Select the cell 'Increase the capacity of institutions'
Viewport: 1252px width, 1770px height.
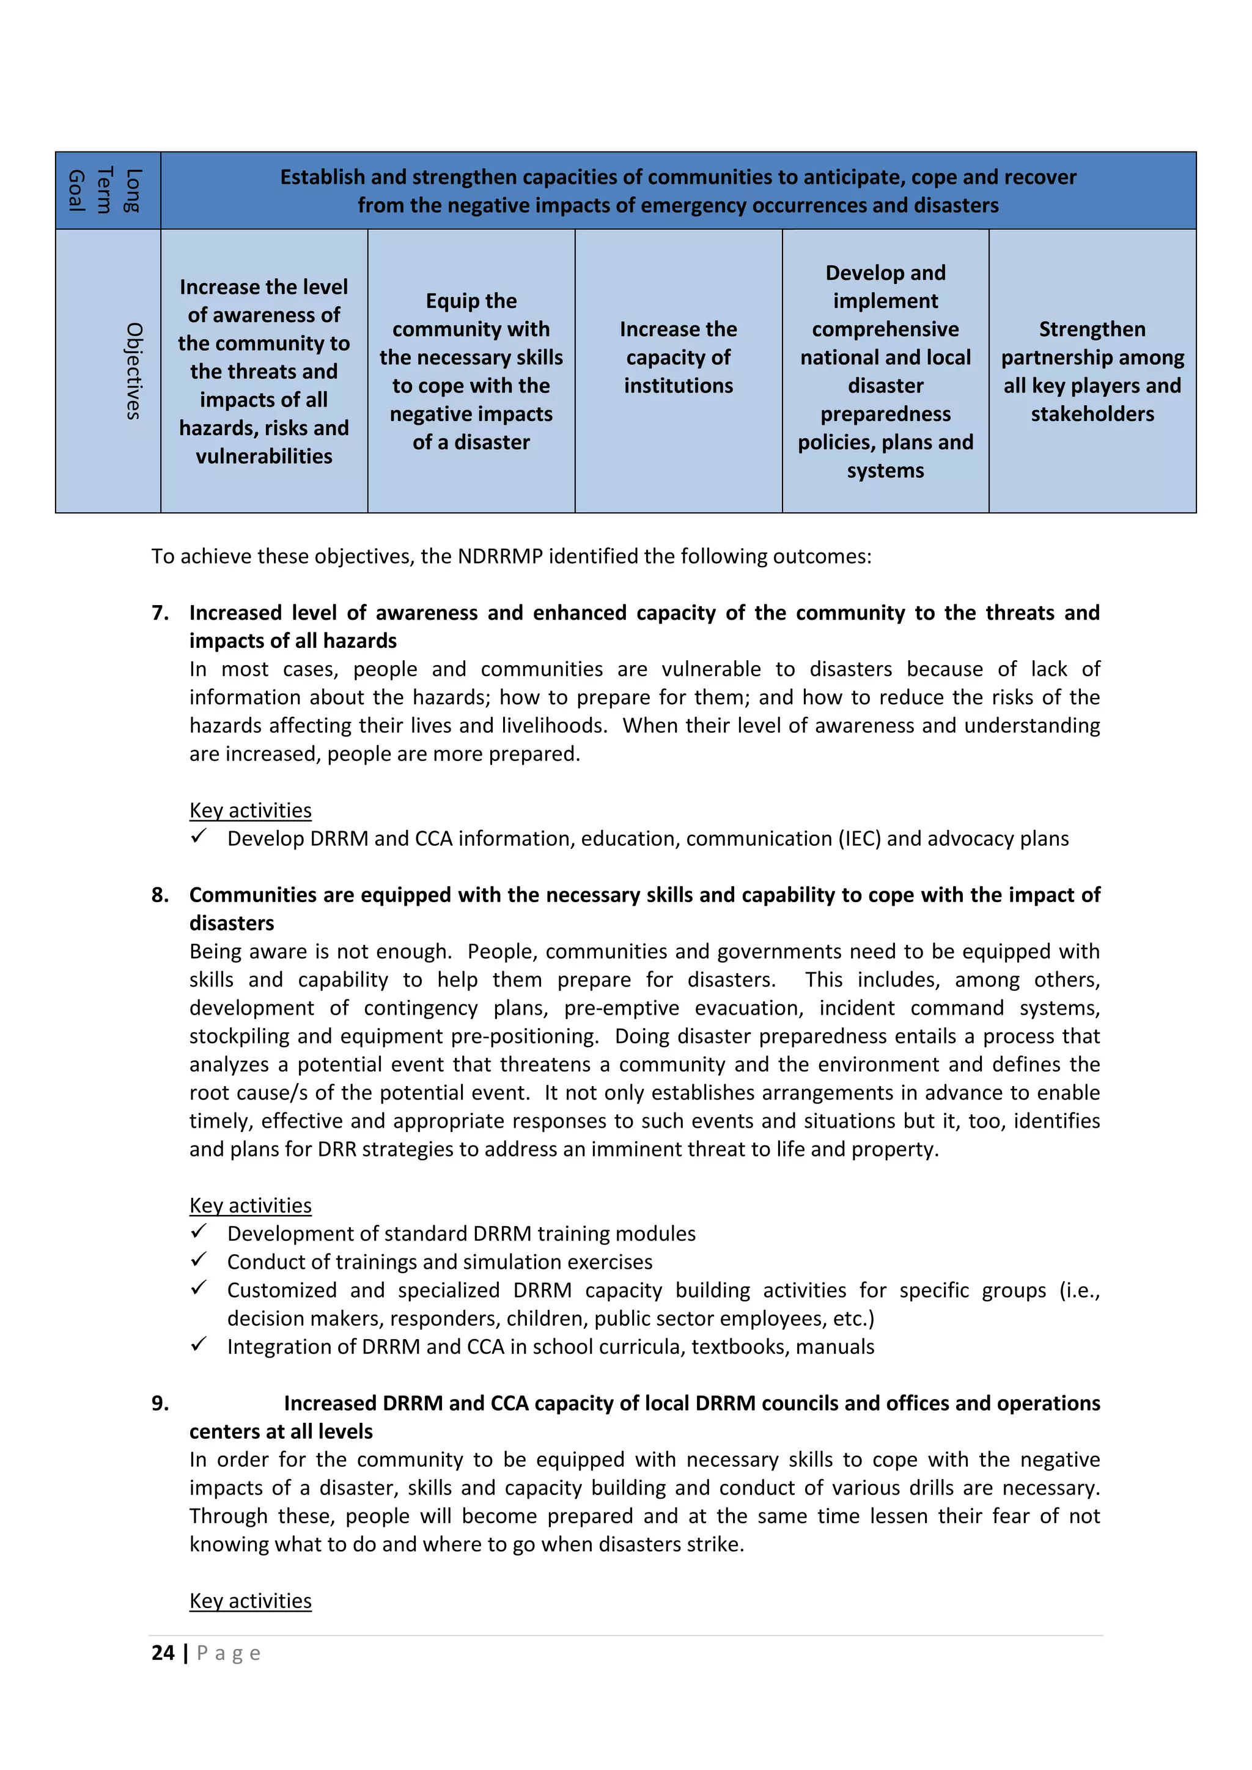click(x=679, y=357)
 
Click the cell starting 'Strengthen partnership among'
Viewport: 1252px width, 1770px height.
click(x=1092, y=372)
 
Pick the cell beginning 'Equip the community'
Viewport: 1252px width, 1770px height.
click(x=471, y=371)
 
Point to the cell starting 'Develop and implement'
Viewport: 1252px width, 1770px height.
click(x=885, y=371)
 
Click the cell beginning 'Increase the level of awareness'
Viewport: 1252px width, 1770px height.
click(x=263, y=371)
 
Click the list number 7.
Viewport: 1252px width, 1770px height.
click(x=160, y=613)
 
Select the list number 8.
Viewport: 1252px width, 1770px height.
click(x=160, y=895)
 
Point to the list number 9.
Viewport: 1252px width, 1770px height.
click(x=160, y=1403)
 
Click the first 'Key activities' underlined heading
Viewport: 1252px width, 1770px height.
click(x=251, y=810)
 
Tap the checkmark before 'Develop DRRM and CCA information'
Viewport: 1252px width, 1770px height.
click(x=199, y=837)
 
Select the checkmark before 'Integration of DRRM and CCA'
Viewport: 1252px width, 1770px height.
click(x=199, y=1345)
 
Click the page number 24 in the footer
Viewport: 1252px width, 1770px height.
click(x=163, y=1653)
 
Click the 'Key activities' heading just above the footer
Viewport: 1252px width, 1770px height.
click(x=251, y=1601)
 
